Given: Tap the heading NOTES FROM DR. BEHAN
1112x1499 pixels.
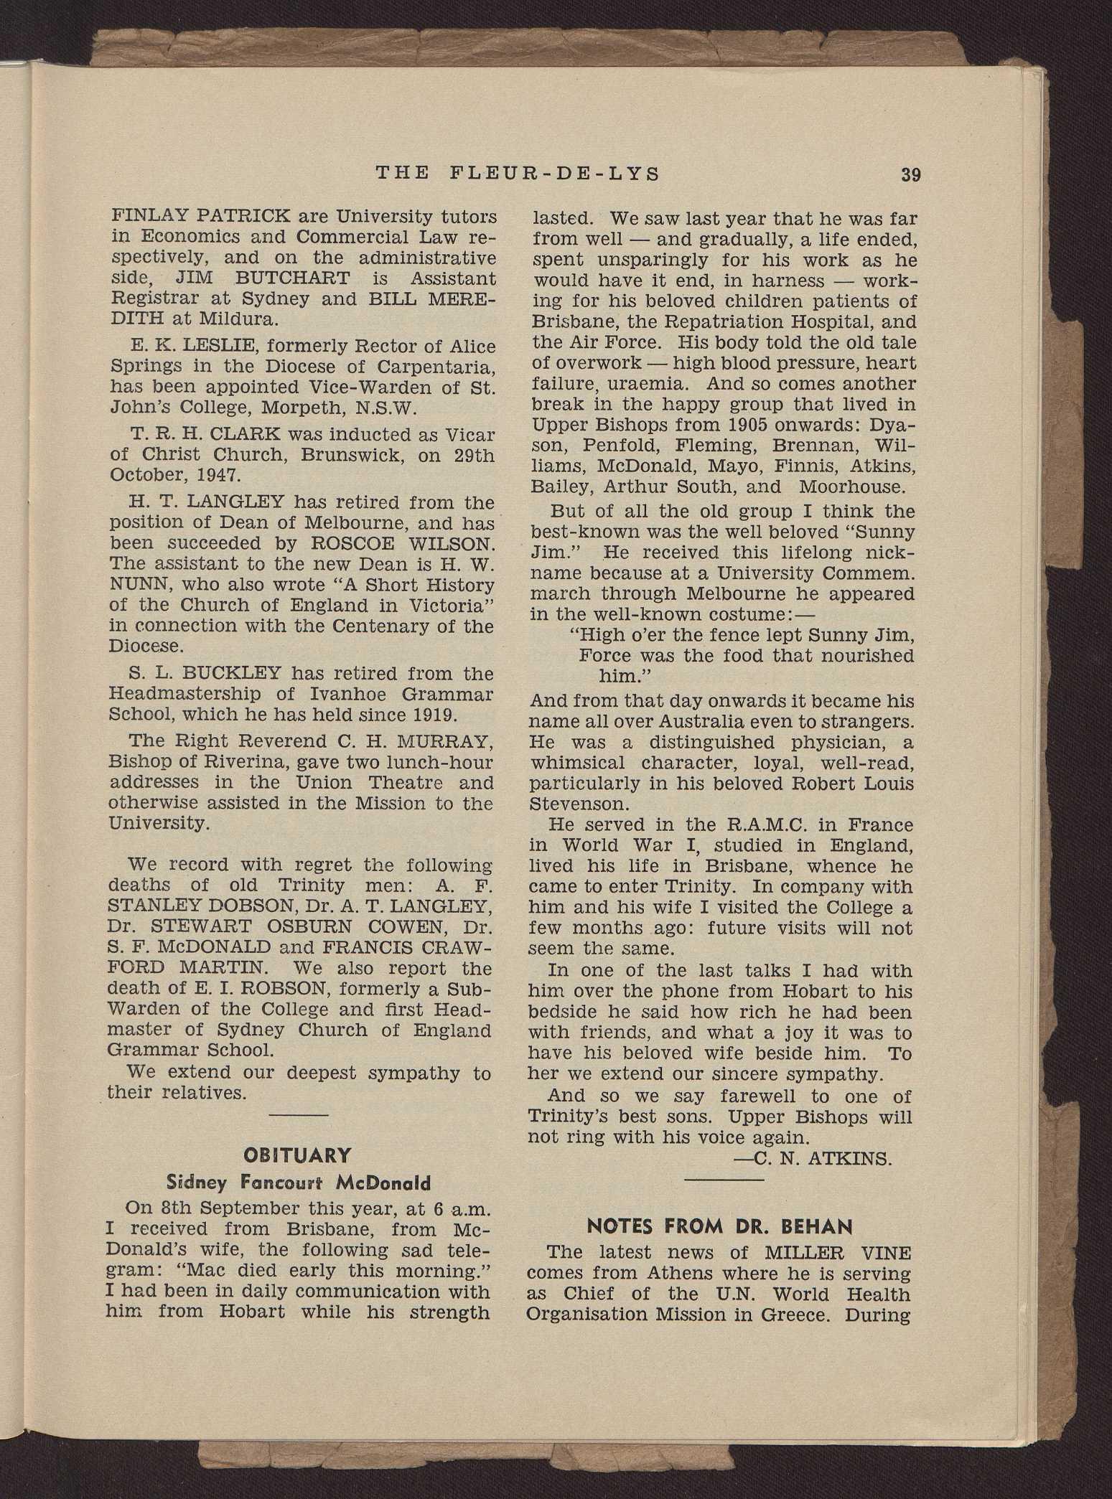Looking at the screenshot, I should (720, 1226).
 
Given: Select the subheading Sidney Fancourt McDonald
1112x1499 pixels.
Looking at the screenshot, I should (299, 1183).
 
